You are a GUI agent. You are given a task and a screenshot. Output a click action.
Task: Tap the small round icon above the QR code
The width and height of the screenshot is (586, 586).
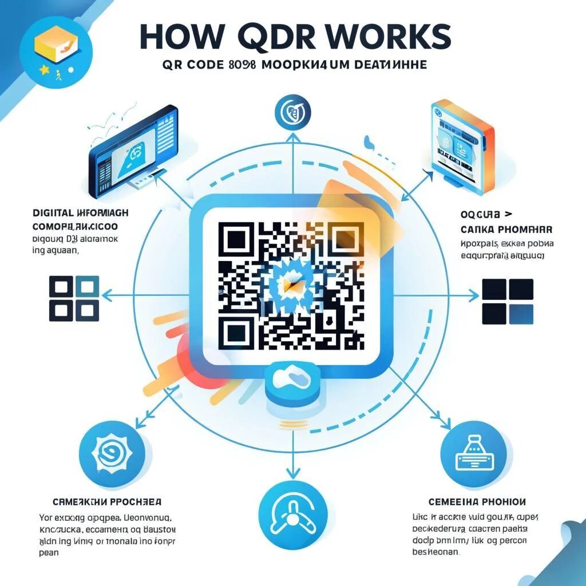point(293,112)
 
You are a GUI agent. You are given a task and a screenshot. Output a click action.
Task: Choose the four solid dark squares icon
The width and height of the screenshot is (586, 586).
point(508,301)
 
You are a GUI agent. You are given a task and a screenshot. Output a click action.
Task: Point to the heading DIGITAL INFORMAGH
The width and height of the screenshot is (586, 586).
point(80,213)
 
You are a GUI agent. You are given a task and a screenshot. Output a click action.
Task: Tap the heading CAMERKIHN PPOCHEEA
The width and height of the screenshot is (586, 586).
point(106,502)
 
